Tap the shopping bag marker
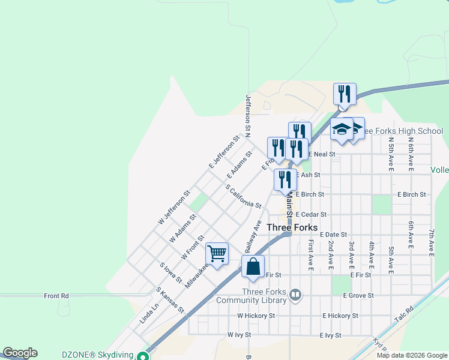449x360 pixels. pyautogui.click(x=253, y=266)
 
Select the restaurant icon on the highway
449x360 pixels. pyautogui.click(x=345, y=94)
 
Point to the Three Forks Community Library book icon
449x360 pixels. pyautogui.click(x=295, y=295)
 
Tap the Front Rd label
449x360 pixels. pyautogui.click(x=56, y=296)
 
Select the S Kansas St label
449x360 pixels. pyautogui.click(x=170, y=299)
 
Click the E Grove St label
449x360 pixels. pyautogui.click(x=358, y=295)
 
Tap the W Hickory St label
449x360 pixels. pyautogui.click(x=256, y=315)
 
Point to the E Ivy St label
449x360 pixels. pyautogui.click(x=330, y=335)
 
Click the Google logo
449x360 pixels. pyautogui.click(x=20, y=353)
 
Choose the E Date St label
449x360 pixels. pyautogui.click(x=334, y=234)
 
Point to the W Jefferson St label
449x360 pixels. pyautogui.click(x=173, y=207)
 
